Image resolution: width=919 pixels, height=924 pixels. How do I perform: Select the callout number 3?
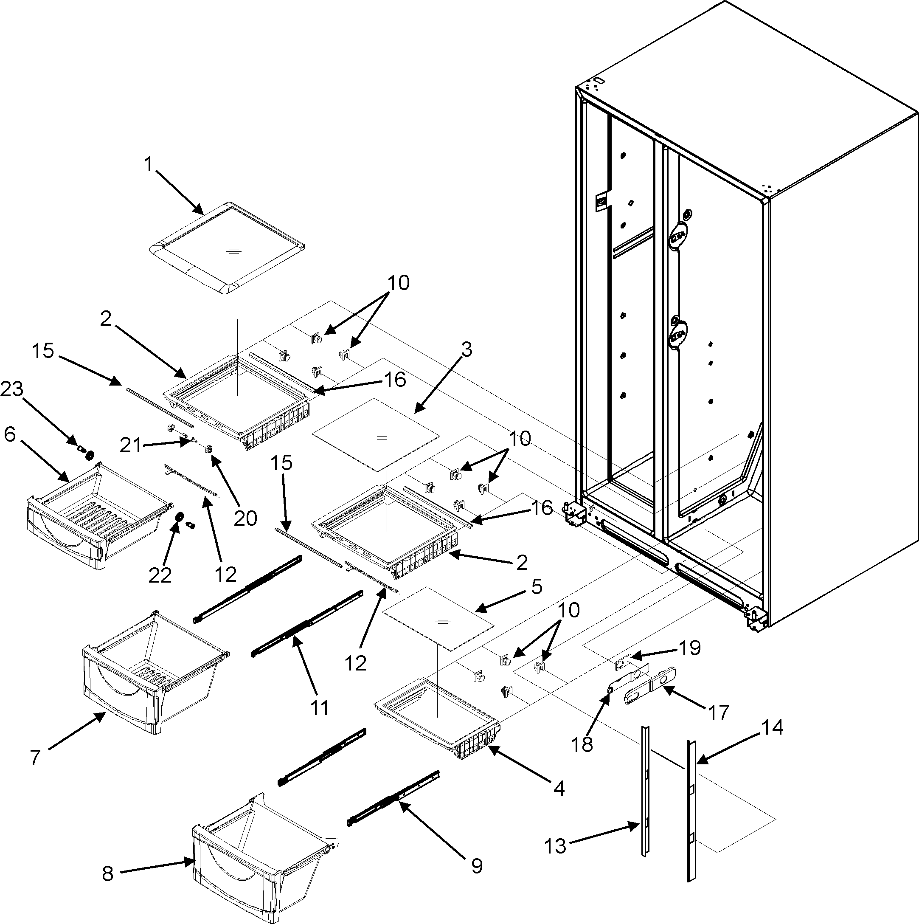(466, 349)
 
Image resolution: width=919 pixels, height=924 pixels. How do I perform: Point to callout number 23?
(12, 390)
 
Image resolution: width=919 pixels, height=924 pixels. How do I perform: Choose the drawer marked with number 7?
(153, 670)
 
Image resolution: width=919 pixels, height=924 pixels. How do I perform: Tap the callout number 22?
(160, 575)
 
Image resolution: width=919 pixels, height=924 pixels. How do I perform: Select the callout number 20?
(245, 518)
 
